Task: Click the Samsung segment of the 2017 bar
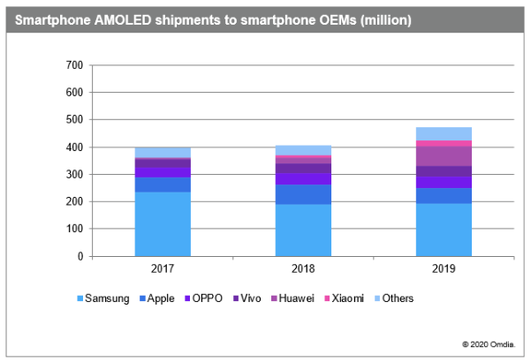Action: (163, 224)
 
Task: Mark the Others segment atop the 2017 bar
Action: (163, 152)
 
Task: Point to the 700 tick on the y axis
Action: (75, 65)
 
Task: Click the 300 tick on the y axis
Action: (75, 175)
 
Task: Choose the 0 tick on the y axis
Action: (80, 257)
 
